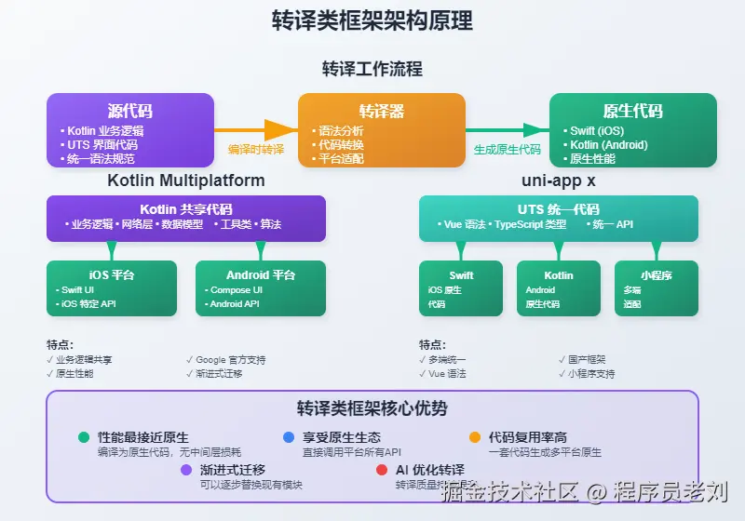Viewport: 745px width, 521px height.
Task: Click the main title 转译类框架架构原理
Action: point(372,20)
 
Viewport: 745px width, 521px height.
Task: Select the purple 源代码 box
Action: point(130,130)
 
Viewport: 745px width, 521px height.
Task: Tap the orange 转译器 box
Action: point(381,130)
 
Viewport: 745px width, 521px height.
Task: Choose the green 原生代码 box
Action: point(632,130)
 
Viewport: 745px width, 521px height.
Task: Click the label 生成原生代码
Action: point(507,149)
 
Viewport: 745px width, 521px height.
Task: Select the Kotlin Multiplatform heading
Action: point(186,180)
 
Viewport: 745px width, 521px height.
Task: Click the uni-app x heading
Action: point(558,180)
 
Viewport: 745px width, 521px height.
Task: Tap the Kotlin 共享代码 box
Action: point(186,218)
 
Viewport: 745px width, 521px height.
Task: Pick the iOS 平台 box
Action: point(112,287)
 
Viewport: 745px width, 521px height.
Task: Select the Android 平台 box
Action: point(261,287)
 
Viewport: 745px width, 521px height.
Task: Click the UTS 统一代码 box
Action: point(558,218)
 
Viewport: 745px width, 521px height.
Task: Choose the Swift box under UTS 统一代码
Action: point(461,287)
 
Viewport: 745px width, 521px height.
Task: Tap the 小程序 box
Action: point(657,287)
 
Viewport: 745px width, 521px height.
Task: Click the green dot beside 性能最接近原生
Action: point(84,437)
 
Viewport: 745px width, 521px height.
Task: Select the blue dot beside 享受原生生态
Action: point(289,437)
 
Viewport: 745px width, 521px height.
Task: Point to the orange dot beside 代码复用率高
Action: point(475,437)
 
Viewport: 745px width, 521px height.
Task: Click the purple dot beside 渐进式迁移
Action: point(186,470)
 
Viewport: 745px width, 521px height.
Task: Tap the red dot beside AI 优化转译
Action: point(382,470)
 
